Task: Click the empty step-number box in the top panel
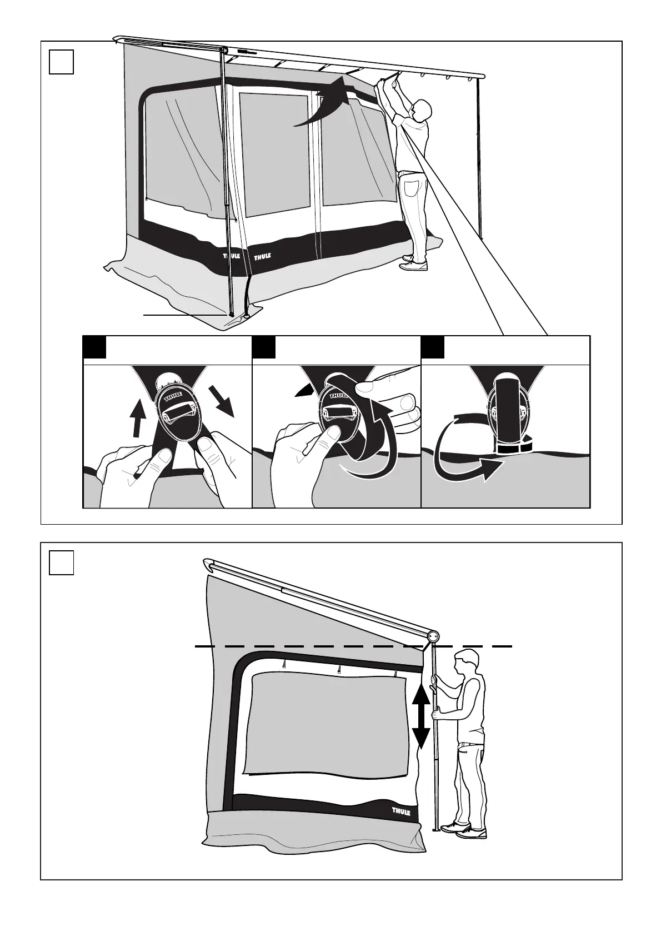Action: tap(61, 62)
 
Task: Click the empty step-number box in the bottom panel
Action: tap(61, 562)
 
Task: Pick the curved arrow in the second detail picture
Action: tap(378, 445)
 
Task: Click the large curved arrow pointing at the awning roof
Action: tap(328, 103)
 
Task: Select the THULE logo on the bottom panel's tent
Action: tap(401, 812)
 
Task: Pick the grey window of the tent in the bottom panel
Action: tap(328, 723)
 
